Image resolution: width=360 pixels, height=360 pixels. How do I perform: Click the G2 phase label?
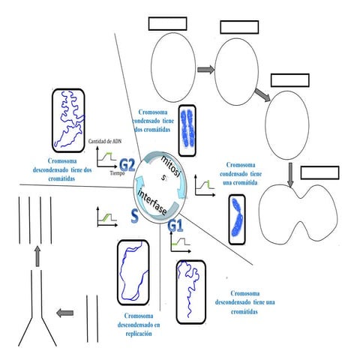[127, 165]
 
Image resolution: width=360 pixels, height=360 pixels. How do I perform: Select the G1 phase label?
[175, 224]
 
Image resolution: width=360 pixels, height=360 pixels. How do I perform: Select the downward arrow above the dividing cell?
[289, 175]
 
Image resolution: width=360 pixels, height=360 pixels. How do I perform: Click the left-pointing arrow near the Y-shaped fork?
[67, 313]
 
